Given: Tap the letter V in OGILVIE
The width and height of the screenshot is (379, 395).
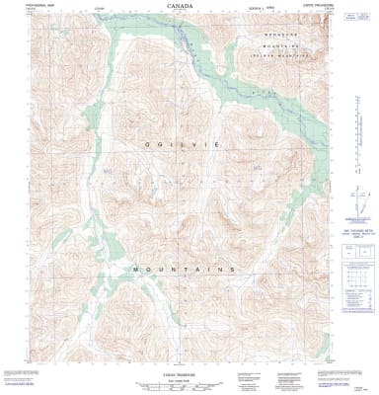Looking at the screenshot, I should pos(194,144).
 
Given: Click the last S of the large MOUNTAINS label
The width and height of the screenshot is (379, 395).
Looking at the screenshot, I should pos(232,270).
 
